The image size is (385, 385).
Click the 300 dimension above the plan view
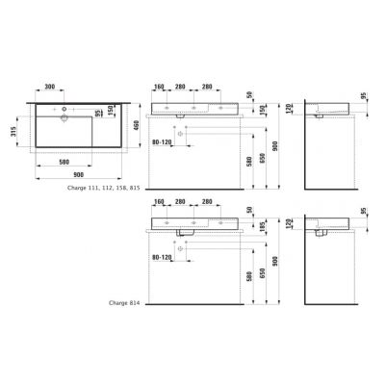(x=54, y=87)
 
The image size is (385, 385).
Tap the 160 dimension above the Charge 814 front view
(x=159, y=204)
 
